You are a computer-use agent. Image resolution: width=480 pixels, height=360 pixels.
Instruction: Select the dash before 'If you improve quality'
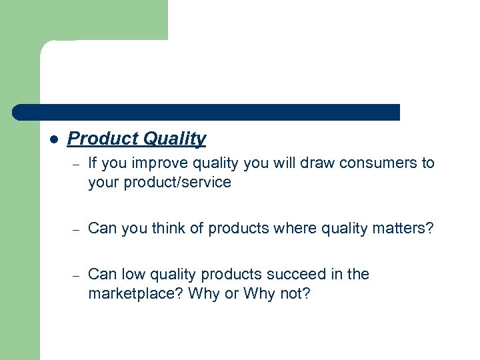click(77, 165)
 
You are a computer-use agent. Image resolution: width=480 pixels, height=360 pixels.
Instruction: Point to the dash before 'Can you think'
click(77, 230)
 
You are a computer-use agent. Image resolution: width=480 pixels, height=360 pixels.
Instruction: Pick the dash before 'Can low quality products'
click(77, 275)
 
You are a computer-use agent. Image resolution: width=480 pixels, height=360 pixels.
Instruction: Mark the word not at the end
click(295, 293)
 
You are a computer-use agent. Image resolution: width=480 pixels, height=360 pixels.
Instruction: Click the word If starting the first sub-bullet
click(93, 163)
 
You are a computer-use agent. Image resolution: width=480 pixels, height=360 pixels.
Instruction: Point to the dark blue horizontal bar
click(207, 112)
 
